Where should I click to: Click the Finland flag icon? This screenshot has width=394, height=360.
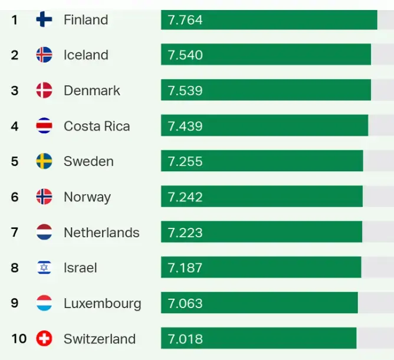[44, 19]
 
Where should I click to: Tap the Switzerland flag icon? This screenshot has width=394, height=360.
[44, 339]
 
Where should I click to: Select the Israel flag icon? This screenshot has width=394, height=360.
[44, 268]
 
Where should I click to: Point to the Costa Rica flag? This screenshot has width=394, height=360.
[44, 126]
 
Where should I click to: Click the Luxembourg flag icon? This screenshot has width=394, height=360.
[44, 303]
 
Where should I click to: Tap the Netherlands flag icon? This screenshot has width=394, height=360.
[44, 232]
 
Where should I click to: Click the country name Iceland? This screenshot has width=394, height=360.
[86, 55]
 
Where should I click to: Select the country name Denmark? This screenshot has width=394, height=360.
[92, 90]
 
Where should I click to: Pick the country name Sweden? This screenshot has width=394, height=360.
[88, 161]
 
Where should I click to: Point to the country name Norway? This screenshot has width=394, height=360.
[87, 197]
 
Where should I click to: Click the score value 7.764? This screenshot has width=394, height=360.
[185, 19]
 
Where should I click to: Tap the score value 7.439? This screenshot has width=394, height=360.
[185, 126]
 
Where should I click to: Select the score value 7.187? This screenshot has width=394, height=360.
[185, 268]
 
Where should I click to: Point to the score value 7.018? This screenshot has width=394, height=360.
[185, 339]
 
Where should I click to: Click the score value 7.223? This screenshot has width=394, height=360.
[185, 232]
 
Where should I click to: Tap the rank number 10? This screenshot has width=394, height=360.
[19, 339]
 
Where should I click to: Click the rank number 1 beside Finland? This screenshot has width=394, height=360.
[15, 19]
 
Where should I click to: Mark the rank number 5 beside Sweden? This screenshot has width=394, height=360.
[15, 161]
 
